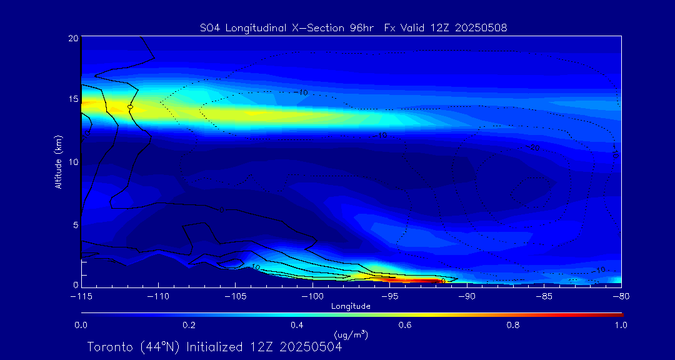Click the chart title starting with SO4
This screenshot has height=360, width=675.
351,27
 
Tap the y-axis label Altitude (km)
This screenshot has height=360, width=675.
59,161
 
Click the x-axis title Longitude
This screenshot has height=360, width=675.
351,306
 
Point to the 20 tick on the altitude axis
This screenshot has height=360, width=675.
72,38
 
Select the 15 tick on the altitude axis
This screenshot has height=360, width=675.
72,100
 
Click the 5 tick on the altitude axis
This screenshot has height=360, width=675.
74,224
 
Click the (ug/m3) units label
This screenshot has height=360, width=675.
351,334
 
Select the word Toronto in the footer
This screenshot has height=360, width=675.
109,347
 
